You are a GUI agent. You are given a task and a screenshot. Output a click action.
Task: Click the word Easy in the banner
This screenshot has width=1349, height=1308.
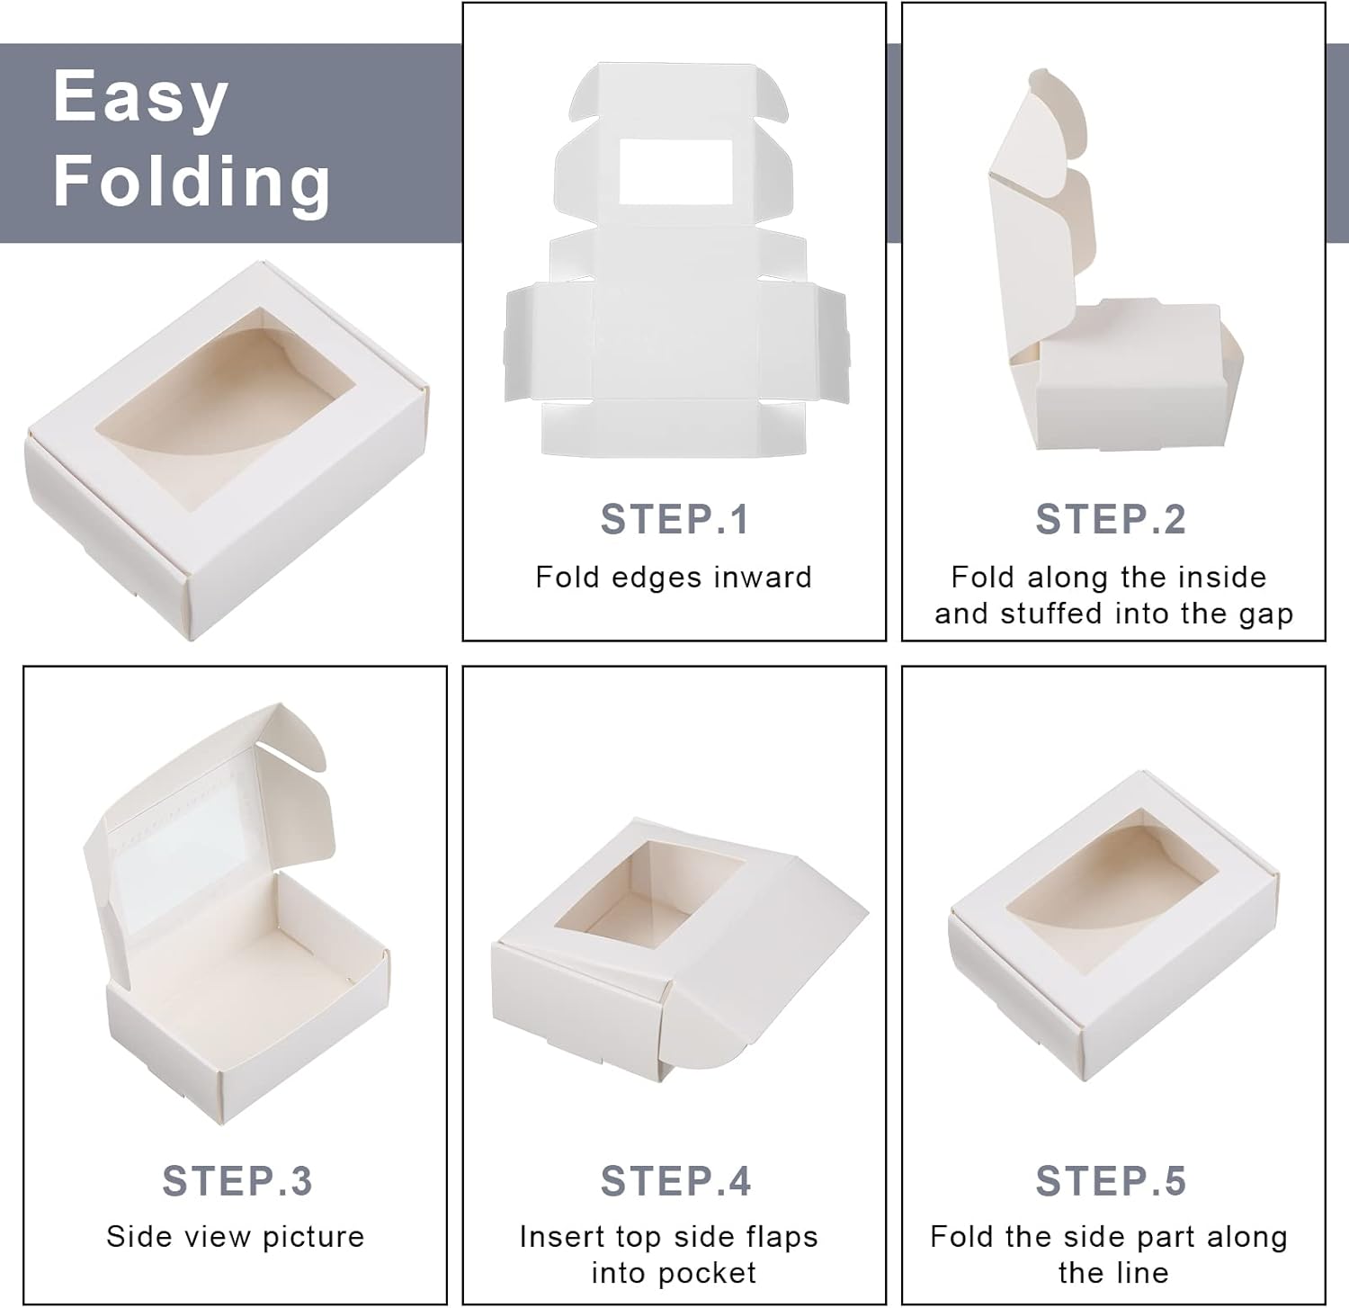[x=140, y=98]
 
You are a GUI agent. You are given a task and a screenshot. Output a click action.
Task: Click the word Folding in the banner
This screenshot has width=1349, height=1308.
[x=192, y=183]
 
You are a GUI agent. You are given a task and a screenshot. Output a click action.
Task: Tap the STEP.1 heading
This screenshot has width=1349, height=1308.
[x=674, y=519]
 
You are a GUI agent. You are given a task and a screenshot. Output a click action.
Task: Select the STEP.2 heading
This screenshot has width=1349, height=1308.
[x=1111, y=519]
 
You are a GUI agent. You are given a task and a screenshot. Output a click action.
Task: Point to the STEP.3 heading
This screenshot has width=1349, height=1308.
[x=237, y=1181]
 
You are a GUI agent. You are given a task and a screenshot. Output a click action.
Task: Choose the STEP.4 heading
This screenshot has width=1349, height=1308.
[x=675, y=1181]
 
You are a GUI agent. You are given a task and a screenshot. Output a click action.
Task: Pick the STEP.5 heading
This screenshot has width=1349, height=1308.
[x=1111, y=1181]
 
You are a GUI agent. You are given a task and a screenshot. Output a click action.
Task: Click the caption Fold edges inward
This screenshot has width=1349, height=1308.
[x=674, y=577]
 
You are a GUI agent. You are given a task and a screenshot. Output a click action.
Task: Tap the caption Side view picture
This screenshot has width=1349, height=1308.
[x=236, y=1237]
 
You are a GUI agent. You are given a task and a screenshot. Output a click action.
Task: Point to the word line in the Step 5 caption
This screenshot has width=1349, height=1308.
[x=1139, y=1273]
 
